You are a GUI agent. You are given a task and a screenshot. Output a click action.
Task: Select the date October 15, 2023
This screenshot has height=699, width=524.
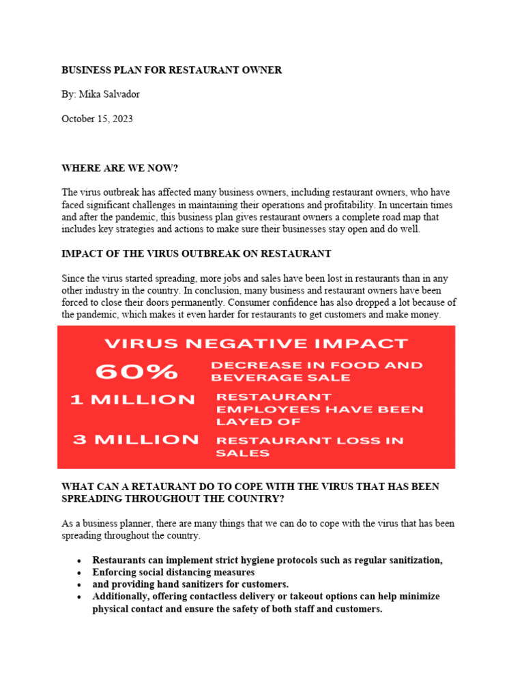[x=97, y=119]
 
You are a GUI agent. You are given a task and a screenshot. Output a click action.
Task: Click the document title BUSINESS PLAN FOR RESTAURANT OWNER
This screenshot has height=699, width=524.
[x=171, y=70]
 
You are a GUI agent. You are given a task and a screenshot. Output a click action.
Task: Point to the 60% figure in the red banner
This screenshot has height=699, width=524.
[x=136, y=371]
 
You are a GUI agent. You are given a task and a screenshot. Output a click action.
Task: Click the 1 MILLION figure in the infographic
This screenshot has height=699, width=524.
[x=132, y=400]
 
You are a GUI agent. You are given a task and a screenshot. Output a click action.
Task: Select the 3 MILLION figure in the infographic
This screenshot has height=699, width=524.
[x=136, y=440]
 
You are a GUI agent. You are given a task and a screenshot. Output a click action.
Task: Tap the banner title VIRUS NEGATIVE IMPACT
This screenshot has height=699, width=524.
[x=255, y=343]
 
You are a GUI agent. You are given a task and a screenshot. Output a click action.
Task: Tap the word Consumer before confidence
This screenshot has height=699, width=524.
[x=250, y=302]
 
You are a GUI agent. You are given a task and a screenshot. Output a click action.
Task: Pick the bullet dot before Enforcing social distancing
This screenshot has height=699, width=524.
[x=80, y=573]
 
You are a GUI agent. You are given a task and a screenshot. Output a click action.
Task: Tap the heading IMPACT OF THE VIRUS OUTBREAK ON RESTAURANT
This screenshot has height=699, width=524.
[x=196, y=254]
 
